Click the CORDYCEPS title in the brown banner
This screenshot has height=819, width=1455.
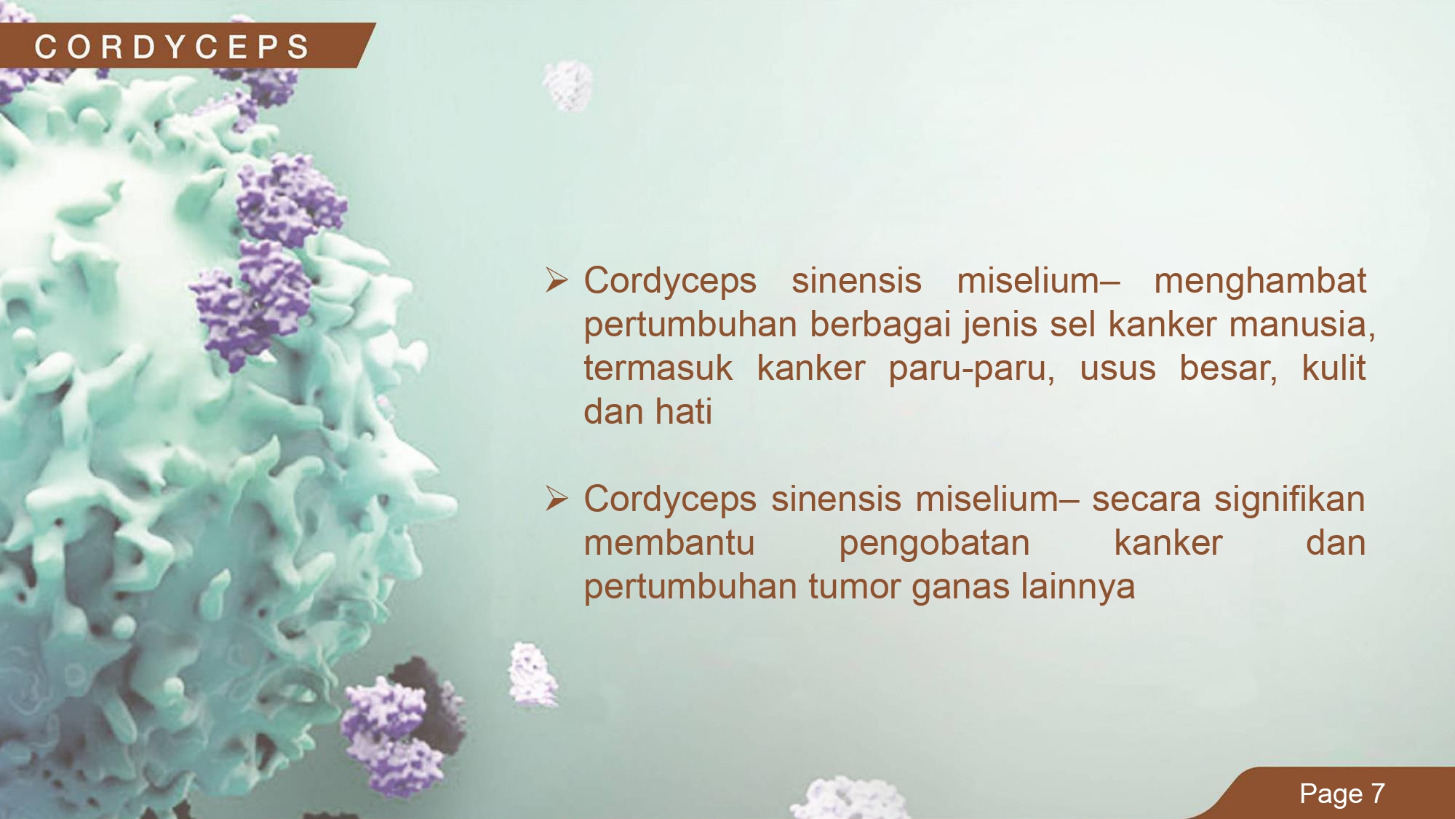[172, 47]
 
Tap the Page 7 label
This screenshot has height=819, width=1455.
[1342, 794]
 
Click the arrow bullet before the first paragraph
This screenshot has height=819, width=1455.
[557, 280]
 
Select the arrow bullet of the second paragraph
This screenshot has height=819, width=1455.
[557, 499]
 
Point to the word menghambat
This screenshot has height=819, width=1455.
[1260, 281]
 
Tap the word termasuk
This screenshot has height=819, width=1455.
[658, 368]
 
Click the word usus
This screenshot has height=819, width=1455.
[1117, 368]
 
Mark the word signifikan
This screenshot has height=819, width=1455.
[1289, 500]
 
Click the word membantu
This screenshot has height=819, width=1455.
[669, 543]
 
